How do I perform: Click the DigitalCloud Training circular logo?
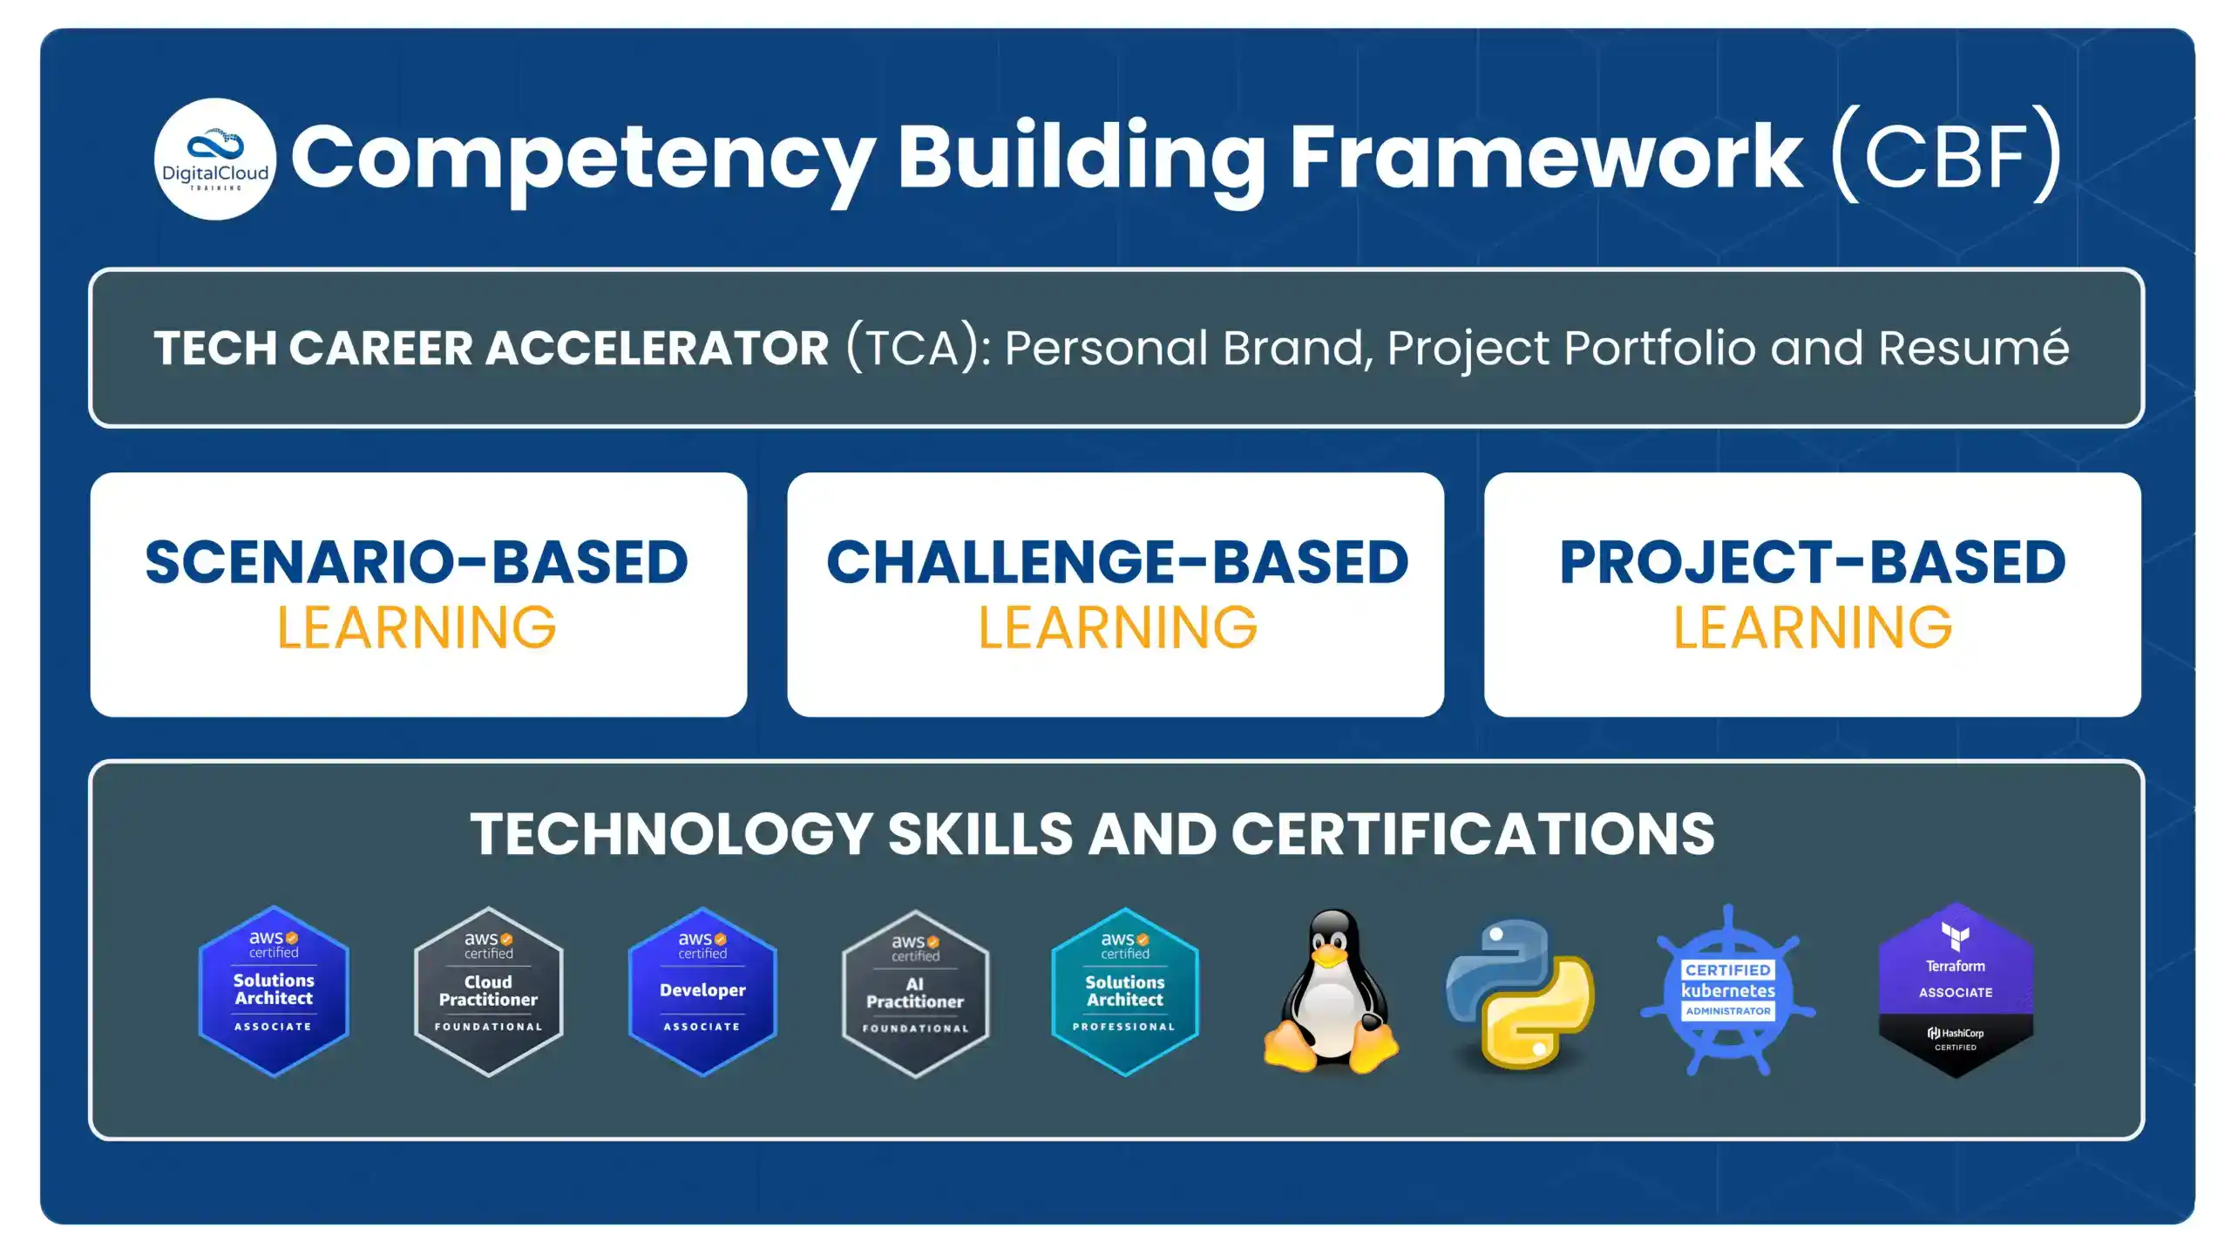click(215, 159)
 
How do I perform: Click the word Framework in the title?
click(1544, 157)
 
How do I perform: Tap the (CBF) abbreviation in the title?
click(1945, 157)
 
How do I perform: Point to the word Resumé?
click(1973, 348)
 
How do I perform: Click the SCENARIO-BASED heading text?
click(417, 562)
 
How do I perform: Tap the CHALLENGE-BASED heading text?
click(1116, 562)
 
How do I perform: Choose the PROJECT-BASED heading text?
click(1812, 562)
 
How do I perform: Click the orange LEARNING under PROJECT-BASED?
click(1812, 627)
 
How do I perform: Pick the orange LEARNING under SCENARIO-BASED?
click(417, 627)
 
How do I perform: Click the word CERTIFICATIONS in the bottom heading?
click(1472, 834)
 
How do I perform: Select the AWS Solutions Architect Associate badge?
click(274, 992)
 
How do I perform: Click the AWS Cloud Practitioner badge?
click(488, 992)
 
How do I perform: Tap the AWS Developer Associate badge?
click(702, 992)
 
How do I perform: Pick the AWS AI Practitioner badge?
click(915, 994)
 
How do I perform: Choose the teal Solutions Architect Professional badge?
click(1125, 992)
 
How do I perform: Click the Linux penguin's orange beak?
click(1329, 957)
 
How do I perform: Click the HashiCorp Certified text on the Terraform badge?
click(1955, 1039)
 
